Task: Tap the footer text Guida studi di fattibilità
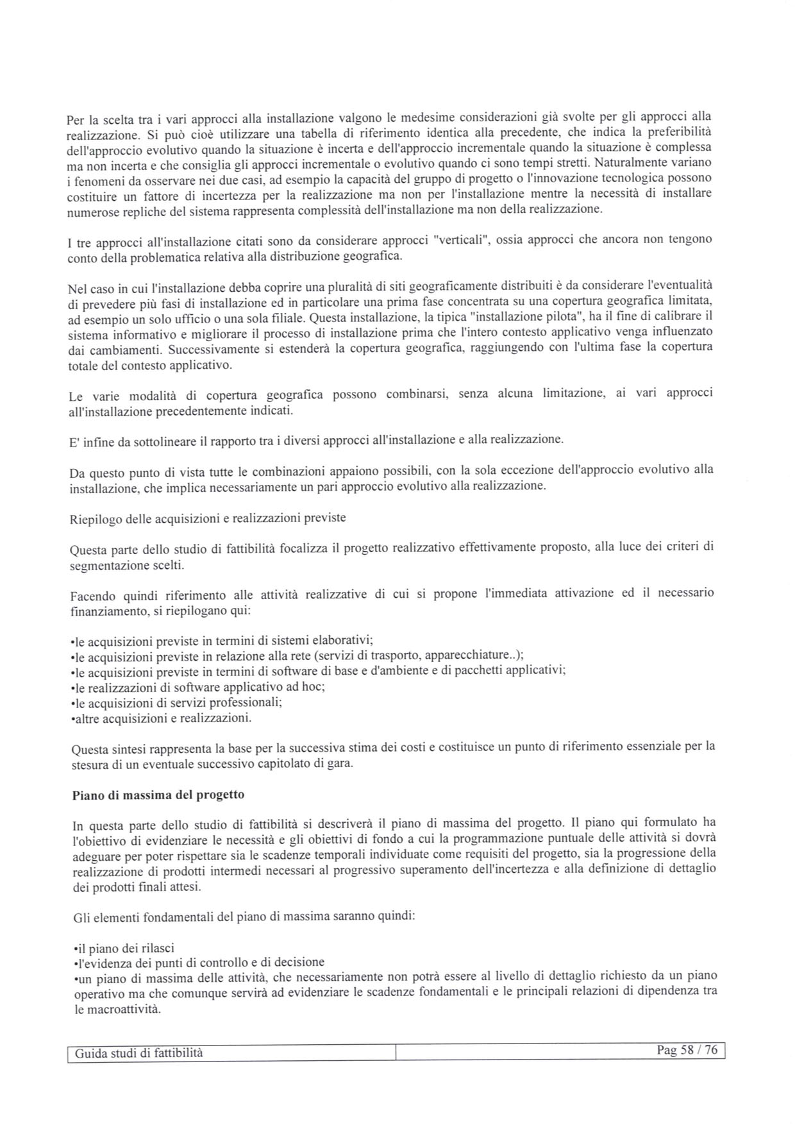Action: tap(138, 1053)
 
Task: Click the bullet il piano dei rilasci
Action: tap(124, 948)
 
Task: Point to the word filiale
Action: tap(287, 317)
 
